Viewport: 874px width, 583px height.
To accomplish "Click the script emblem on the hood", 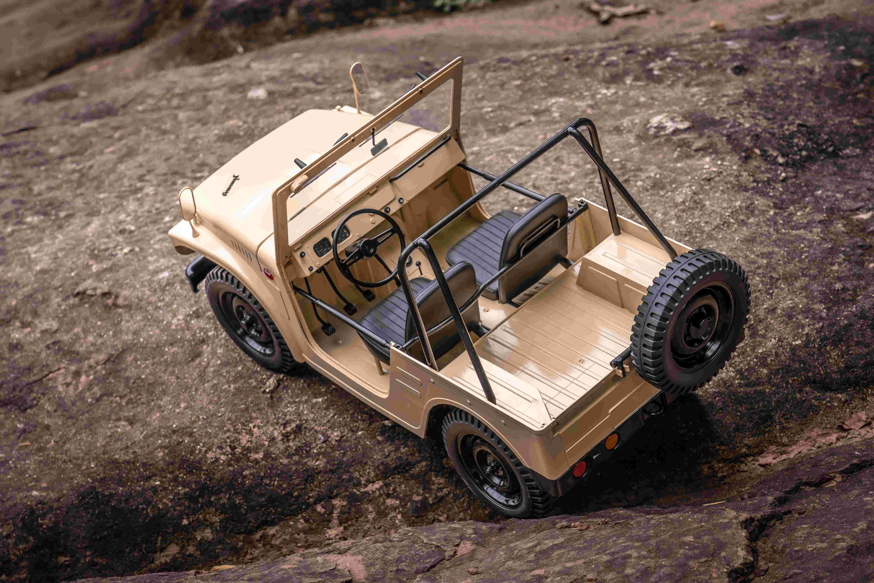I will click(231, 185).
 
